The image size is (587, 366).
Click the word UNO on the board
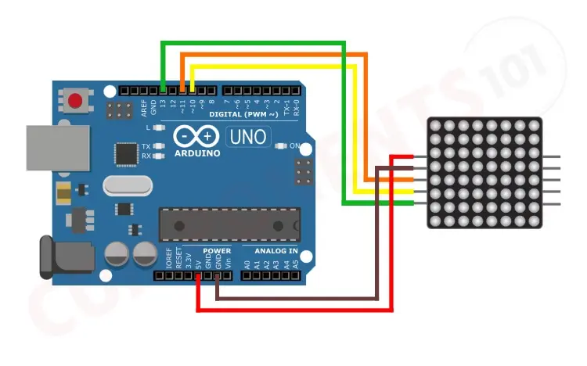click(x=247, y=138)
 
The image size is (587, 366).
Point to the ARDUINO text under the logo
click(x=196, y=152)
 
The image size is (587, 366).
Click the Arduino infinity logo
click(x=196, y=137)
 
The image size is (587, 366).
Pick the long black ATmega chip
click(x=229, y=224)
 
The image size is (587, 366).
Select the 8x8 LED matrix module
click(x=484, y=173)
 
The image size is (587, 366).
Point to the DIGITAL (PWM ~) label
click(x=243, y=114)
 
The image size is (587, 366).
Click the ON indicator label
click(x=295, y=146)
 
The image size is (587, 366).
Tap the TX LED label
click(x=146, y=146)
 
